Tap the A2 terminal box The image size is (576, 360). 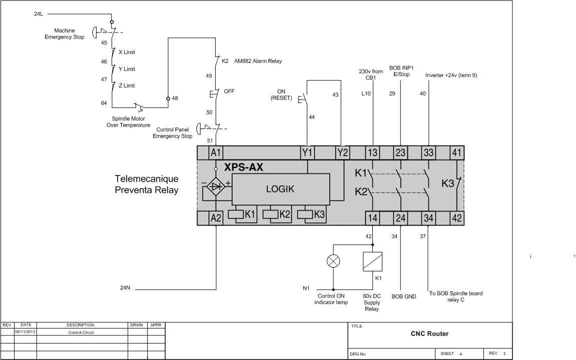216,218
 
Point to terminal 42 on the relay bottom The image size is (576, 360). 457,218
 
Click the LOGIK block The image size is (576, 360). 280,189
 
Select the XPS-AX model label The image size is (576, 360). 244,167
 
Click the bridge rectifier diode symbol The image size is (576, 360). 215,186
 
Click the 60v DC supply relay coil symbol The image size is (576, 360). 373,261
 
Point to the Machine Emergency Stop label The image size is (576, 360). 65,34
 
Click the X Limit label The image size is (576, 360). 127,52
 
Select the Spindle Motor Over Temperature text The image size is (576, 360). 128,122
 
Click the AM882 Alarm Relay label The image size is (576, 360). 258,61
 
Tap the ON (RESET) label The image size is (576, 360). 281,95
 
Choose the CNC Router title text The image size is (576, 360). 429,333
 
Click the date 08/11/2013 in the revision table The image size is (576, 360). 26,331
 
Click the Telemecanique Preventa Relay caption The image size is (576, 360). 147,184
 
